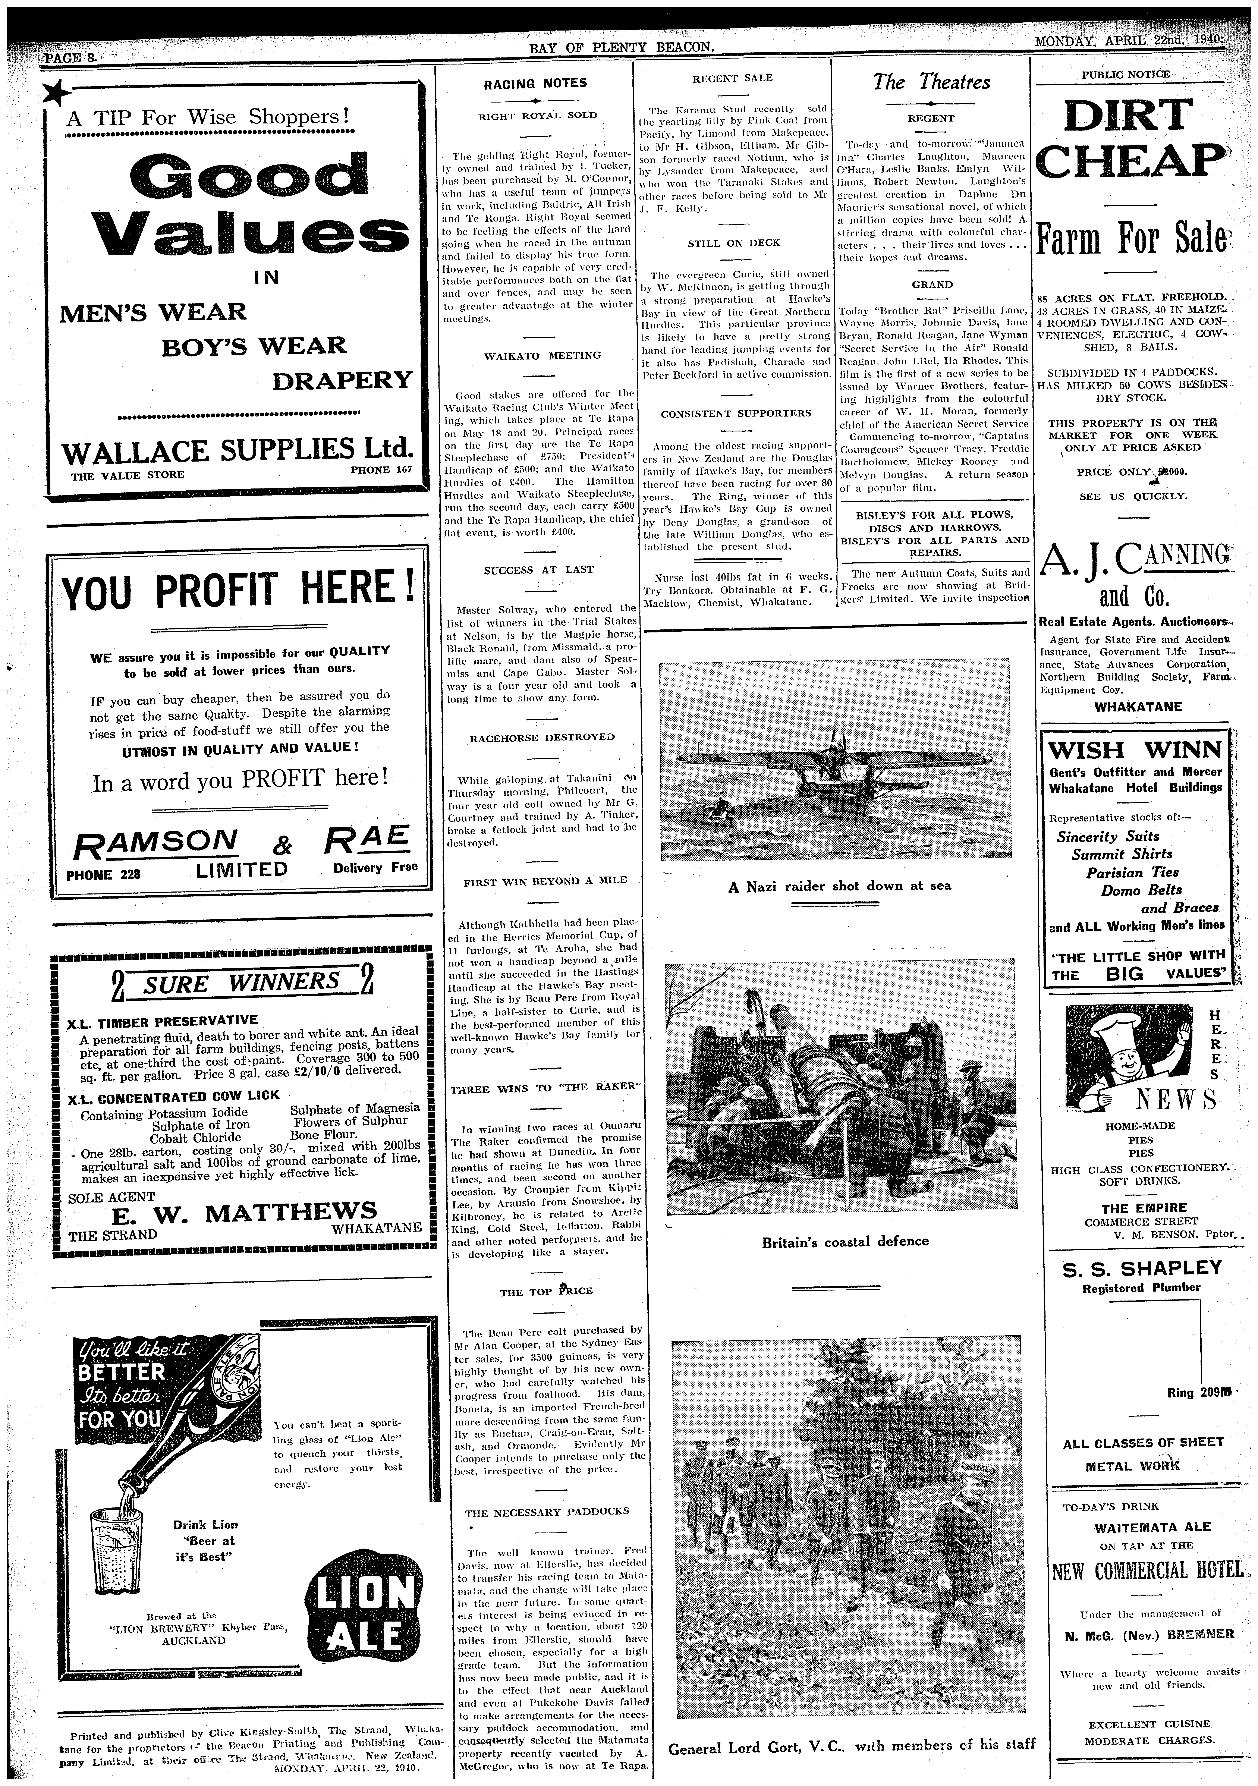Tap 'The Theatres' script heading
(x=931, y=82)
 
